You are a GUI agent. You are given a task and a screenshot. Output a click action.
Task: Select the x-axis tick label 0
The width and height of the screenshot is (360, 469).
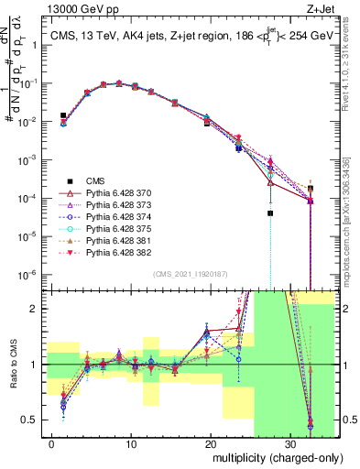(x=52, y=443)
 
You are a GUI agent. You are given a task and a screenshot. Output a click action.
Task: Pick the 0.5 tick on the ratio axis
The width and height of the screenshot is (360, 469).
(x=31, y=420)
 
